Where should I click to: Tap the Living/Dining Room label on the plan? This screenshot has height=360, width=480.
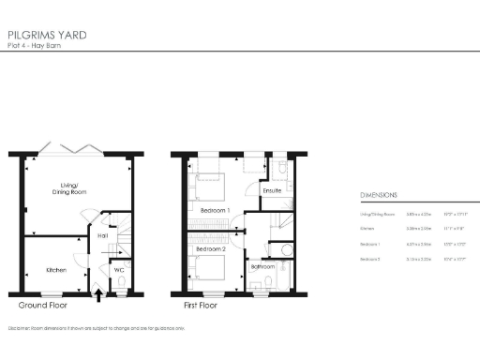(x=67, y=187)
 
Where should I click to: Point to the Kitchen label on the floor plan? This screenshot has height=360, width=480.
(x=56, y=271)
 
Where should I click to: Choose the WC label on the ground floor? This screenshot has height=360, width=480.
(x=120, y=270)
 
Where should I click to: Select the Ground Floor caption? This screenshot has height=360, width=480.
(x=42, y=307)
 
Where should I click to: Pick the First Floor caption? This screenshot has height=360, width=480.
(x=202, y=307)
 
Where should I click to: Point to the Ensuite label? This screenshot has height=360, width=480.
(x=273, y=191)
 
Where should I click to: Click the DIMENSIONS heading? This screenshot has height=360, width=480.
(x=379, y=195)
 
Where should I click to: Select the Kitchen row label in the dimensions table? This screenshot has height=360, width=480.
(x=368, y=228)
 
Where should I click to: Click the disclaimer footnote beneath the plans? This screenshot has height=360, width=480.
(x=96, y=329)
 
